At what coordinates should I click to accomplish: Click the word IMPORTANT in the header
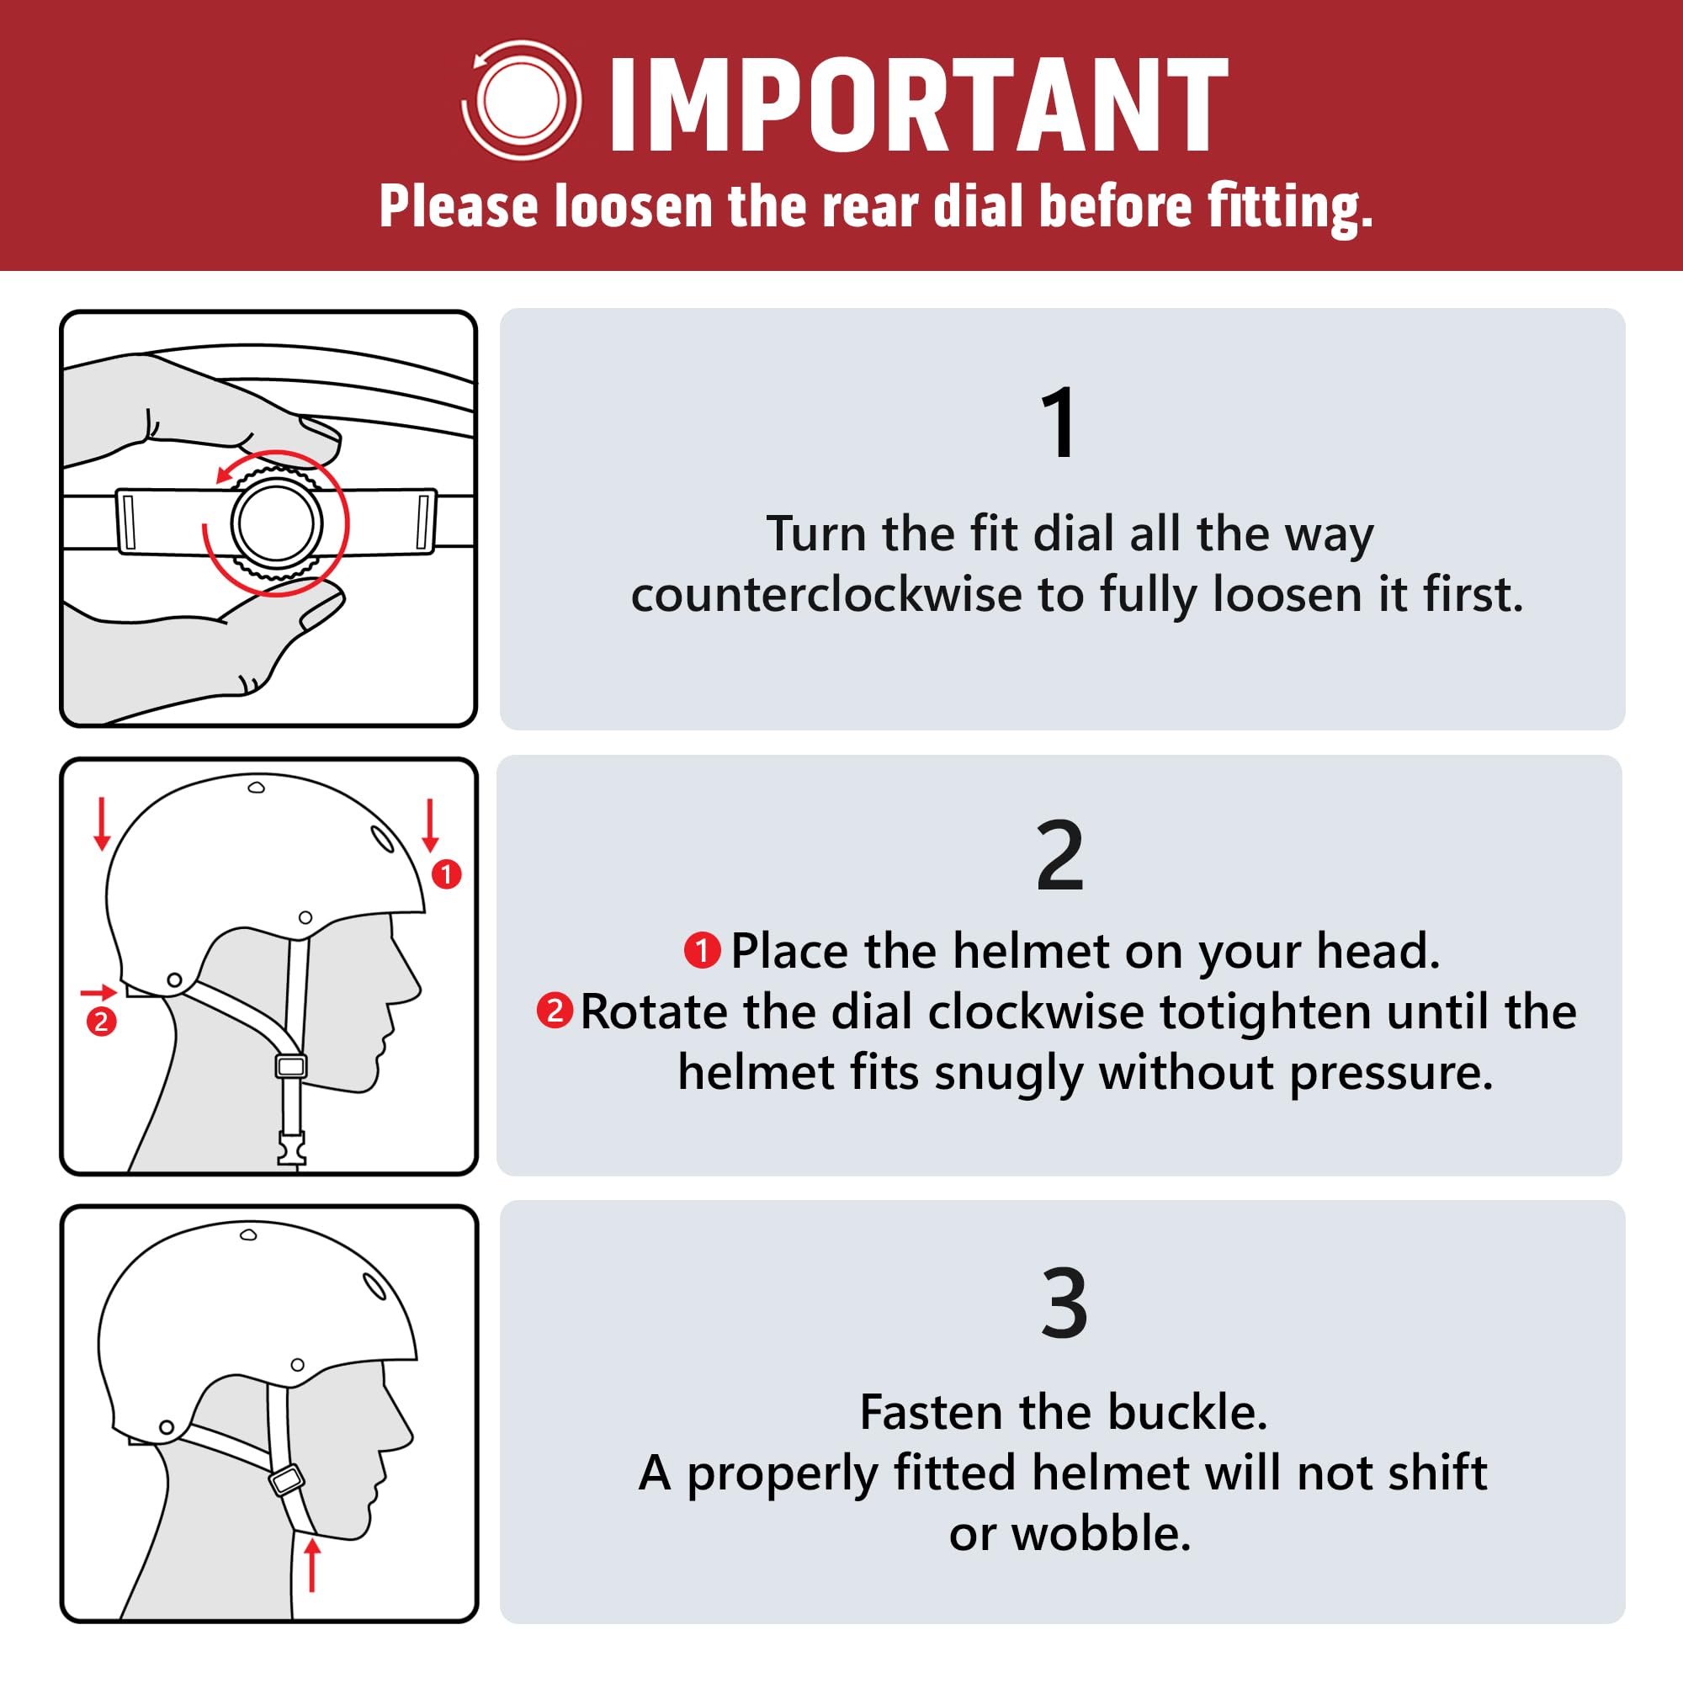point(918,104)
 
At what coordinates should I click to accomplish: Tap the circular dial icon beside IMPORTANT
point(521,100)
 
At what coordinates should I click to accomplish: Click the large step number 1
point(1060,422)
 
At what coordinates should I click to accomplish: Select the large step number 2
point(1060,856)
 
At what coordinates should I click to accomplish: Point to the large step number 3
point(1064,1303)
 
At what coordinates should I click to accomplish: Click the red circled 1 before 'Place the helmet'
point(701,950)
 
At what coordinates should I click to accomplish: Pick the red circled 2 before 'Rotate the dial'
point(554,1011)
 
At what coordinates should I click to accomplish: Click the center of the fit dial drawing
point(277,523)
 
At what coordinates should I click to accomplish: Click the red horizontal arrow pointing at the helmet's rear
point(98,992)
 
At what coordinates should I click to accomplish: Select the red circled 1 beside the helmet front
point(447,873)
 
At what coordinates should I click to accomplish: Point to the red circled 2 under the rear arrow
point(101,1021)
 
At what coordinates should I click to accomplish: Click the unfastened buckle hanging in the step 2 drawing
point(291,1147)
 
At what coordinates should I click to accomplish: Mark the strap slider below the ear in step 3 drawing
point(287,1479)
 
